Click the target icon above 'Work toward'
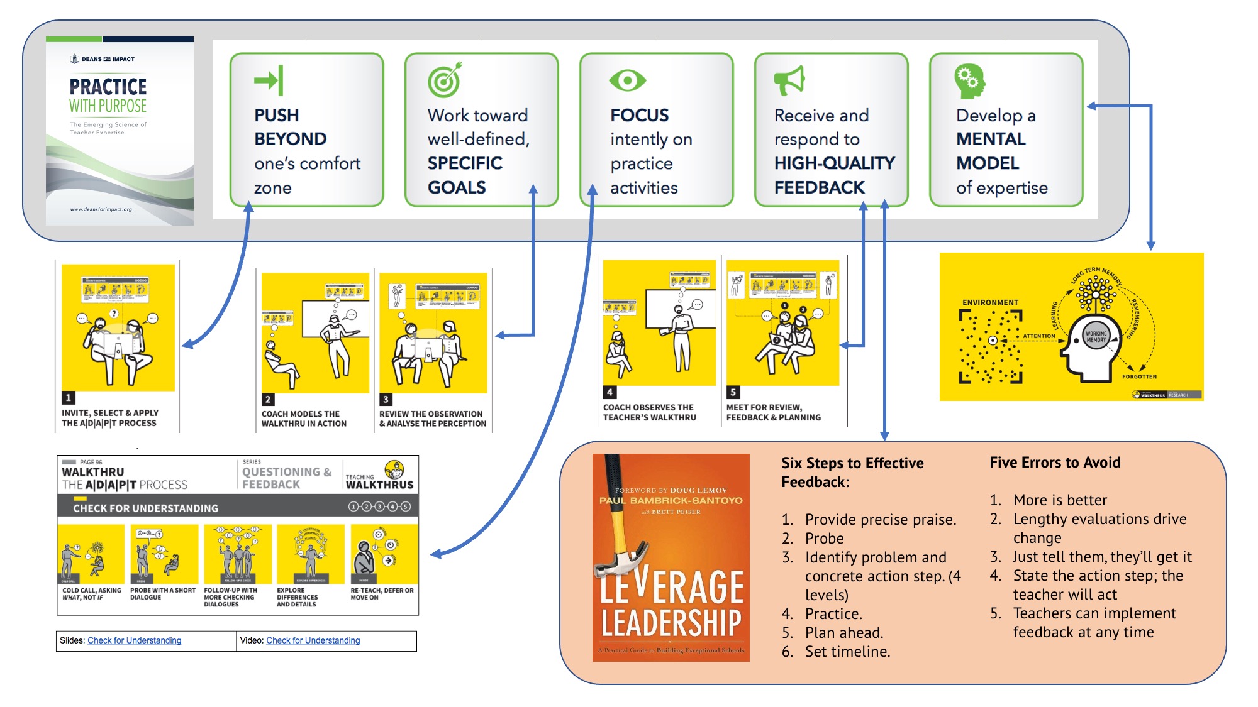tap(445, 80)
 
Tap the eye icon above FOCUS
tap(627, 80)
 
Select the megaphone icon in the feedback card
tap(789, 80)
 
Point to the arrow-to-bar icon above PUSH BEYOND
tap(269, 80)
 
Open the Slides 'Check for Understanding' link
tap(134, 640)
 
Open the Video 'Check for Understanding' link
tap(313, 640)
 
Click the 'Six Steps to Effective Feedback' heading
tap(852, 472)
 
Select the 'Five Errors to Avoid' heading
tap(1055, 463)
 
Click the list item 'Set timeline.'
tap(847, 652)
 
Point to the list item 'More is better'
tap(1060, 500)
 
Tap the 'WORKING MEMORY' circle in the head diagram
tap(1096, 337)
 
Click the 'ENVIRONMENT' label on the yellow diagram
tap(990, 302)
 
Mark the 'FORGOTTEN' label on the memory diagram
tap(1139, 376)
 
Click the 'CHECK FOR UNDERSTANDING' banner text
tap(145, 508)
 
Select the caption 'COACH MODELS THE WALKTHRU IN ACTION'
tap(304, 419)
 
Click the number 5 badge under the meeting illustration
tap(733, 392)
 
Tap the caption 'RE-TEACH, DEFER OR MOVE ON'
tap(382, 594)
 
